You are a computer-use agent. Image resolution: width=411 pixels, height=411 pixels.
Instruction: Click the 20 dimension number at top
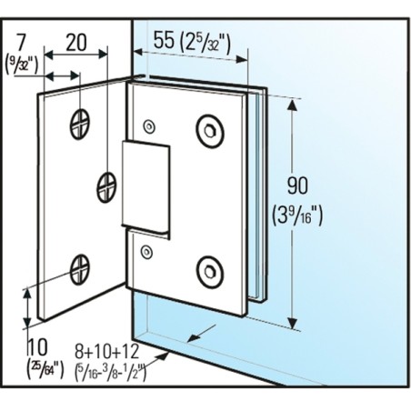76,43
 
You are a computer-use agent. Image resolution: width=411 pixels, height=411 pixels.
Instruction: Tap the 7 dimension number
21,43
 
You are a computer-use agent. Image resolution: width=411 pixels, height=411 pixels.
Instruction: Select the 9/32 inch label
22,66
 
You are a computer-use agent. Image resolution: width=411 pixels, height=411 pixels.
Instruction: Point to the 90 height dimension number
297,185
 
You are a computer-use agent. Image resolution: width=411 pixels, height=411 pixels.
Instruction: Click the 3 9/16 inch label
297,215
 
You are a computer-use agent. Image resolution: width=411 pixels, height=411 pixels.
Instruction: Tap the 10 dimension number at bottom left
37,347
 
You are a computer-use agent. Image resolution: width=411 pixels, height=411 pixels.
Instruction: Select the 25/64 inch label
45,368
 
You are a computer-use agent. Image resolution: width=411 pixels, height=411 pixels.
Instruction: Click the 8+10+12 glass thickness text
106,351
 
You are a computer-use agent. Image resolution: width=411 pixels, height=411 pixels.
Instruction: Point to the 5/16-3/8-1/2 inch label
110,372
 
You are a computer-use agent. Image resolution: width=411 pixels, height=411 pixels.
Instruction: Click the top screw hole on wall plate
80,125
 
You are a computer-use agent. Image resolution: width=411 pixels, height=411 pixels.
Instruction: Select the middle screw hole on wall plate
106,187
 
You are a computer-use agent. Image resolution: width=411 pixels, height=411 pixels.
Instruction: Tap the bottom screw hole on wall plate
80,269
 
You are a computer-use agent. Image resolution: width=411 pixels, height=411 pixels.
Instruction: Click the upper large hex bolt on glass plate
210,131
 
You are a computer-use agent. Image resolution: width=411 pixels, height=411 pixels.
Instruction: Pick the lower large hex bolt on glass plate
210,272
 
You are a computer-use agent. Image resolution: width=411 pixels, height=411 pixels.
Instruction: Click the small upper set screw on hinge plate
149,126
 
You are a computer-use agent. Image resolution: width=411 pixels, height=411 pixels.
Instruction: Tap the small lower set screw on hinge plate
146,252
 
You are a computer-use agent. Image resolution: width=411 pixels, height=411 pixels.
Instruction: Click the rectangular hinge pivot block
145,186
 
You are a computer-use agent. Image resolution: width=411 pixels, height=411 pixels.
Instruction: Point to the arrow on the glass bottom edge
201,333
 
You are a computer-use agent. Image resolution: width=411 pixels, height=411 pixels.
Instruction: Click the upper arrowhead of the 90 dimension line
292,105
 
